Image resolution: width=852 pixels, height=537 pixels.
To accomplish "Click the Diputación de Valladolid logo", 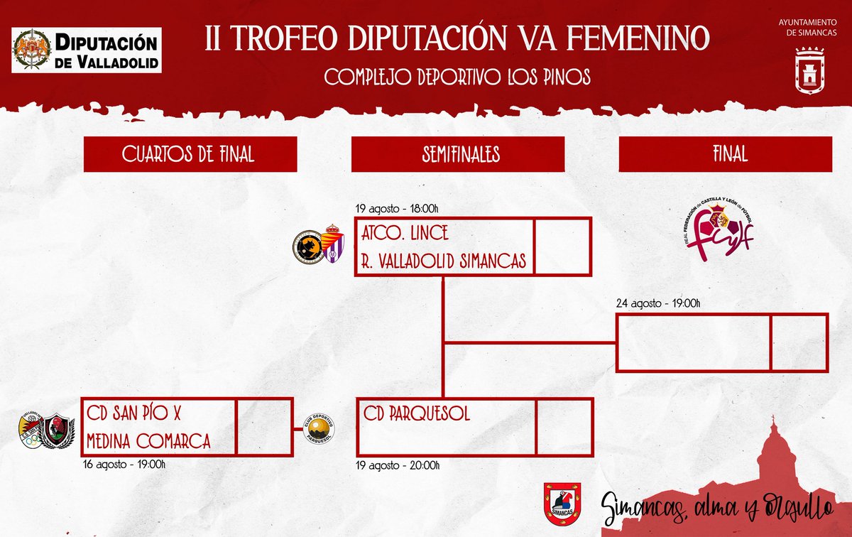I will (x=87, y=50).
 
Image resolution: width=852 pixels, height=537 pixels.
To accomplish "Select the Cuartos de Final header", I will (x=188, y=154).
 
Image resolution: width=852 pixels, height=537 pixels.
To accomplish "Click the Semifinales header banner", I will (x=457, y=154).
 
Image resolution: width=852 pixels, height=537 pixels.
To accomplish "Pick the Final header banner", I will (x=725, y=154).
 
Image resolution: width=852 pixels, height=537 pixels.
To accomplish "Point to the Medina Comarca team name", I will (x=148, y=441).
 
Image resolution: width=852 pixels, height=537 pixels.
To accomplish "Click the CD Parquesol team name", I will (x=417, y=414).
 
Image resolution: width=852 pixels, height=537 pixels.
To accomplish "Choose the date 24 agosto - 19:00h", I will (x=659, y=304).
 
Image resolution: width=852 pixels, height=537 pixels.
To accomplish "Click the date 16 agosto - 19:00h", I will (x=125, y=465).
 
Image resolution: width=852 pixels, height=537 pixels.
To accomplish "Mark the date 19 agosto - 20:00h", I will (x=398, y=465).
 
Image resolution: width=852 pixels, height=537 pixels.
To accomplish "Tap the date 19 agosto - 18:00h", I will (x=398, y=209).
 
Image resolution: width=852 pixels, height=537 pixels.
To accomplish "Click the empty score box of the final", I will (x=799, y=343).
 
